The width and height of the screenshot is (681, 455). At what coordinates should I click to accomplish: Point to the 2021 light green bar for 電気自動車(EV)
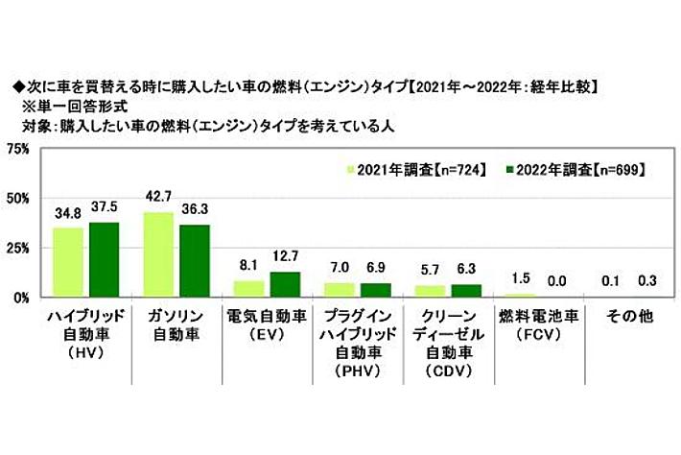[x=249, y=288]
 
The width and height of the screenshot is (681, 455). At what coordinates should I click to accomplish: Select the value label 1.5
[x=518, y=278]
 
